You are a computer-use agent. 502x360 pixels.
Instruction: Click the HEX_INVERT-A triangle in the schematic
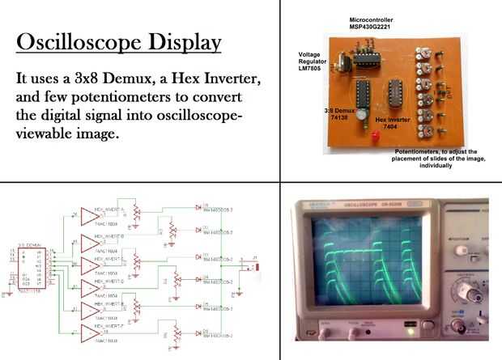coord(88,214)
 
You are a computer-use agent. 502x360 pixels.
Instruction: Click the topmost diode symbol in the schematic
coord(198,206)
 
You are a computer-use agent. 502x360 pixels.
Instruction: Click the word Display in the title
coord(179,41)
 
